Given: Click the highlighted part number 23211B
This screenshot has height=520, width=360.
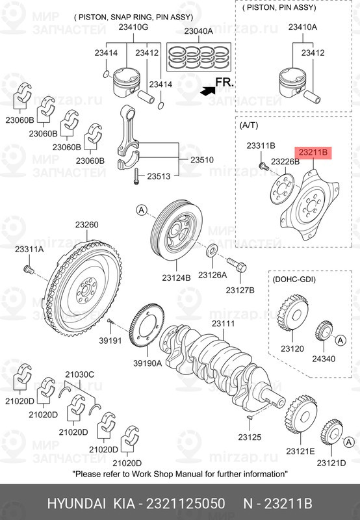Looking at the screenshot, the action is click(313, 153).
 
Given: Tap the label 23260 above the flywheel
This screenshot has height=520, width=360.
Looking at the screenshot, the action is click(86, 224).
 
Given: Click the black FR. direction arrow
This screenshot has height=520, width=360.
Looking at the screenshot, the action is click(208, 91).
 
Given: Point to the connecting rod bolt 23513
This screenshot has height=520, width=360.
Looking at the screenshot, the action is click(136, 176).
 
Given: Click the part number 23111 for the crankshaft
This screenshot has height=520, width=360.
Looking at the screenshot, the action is click(223, 323).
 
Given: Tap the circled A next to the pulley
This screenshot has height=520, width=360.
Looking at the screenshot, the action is click(142, 210).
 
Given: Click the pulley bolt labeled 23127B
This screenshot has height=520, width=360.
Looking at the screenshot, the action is click(237, 265).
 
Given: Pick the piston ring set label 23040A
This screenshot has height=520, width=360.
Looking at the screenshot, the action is click(199, 31).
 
